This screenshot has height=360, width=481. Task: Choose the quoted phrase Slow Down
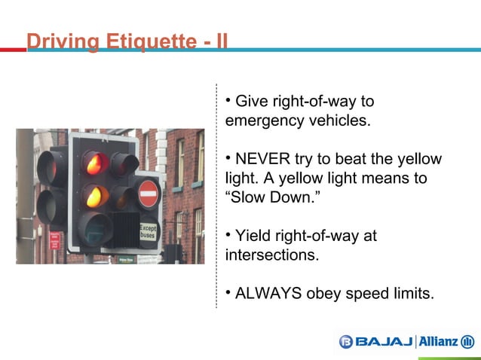264,198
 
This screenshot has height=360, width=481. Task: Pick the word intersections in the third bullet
271,256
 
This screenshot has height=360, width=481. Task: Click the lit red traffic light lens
94,163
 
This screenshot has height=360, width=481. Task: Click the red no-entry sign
149,194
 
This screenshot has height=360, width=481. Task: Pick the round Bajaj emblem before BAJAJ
346,342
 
